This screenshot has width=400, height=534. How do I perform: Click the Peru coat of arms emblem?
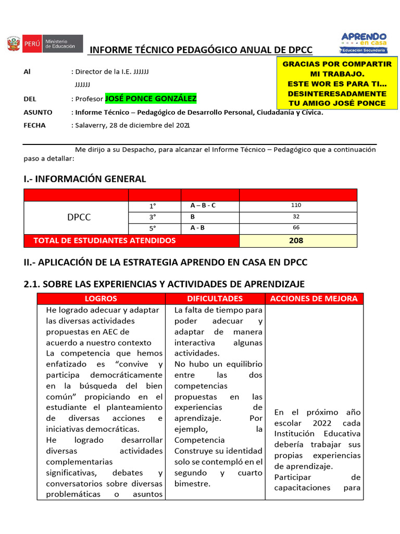point(14,43)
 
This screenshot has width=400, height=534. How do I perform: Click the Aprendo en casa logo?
point(364,42)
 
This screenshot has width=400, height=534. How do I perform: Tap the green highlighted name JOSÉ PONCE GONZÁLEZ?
point(151,99)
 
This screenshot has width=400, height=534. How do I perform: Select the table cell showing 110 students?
point(298,205)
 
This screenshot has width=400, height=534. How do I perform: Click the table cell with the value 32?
point(298,216)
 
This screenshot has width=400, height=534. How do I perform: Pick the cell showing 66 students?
point(298,228)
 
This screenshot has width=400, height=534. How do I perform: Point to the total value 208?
point(298,240)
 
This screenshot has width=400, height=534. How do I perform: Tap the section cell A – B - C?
point(203,205)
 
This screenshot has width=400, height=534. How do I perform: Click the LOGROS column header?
point(101,299)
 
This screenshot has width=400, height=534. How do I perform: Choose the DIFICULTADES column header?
point(215,299)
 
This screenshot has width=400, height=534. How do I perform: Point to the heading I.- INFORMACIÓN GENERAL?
point(85,179)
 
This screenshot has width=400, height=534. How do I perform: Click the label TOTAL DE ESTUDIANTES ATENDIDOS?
point(104,240)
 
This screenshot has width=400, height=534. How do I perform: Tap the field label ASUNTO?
point(38,112)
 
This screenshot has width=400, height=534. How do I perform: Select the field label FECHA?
point(34,125)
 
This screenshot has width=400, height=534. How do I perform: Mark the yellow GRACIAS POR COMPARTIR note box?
point(337,83)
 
